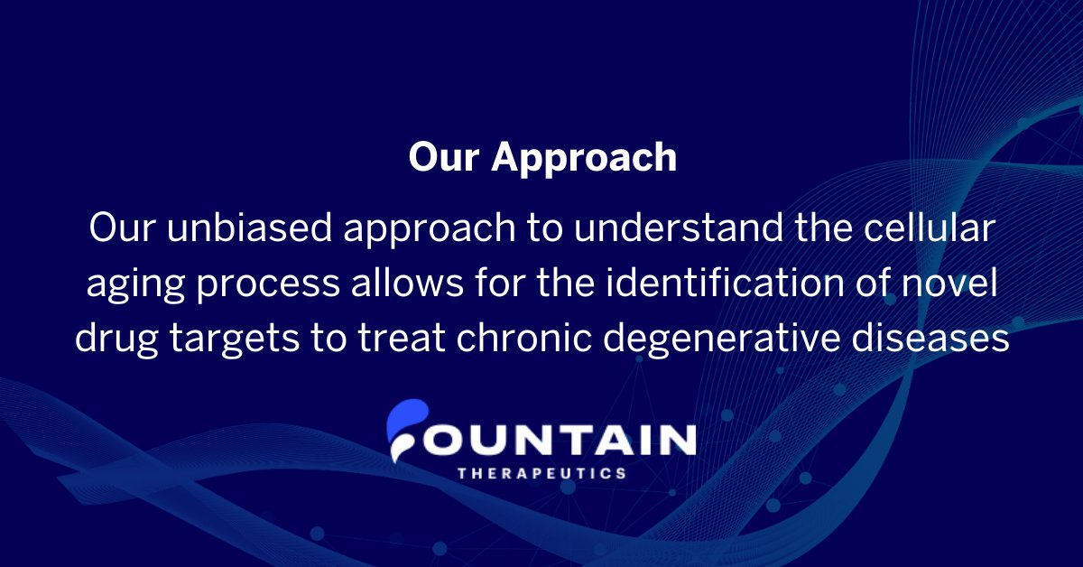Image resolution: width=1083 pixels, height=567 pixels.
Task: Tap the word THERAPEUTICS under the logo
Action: click(x=541, y=473)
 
